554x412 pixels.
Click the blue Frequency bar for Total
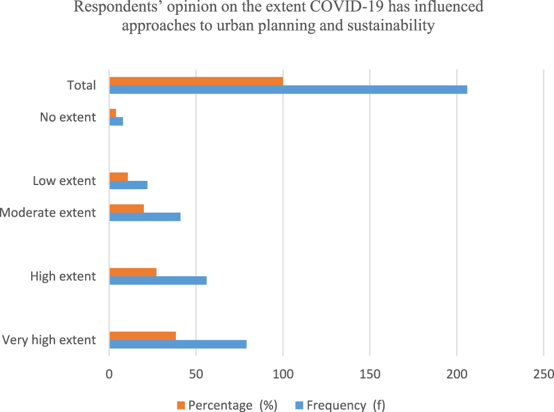click(287, 89)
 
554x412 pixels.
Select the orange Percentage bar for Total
click(196, 81)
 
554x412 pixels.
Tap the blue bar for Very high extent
click(177, 344)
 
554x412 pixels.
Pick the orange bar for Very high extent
click(143, 336)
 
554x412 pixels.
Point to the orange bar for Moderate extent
click(126, 208)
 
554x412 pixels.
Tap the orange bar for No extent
click(113, 113)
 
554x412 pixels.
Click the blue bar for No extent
click(116, 121)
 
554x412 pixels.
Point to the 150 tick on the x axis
click(370, 374)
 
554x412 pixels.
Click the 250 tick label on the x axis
click(543, 374)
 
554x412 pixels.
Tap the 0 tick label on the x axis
click(109, 374)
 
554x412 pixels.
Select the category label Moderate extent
click(48, 213)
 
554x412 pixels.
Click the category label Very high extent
click(49, 340)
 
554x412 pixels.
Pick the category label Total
click(81, 85)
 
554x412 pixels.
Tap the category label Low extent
click(64, 181)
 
